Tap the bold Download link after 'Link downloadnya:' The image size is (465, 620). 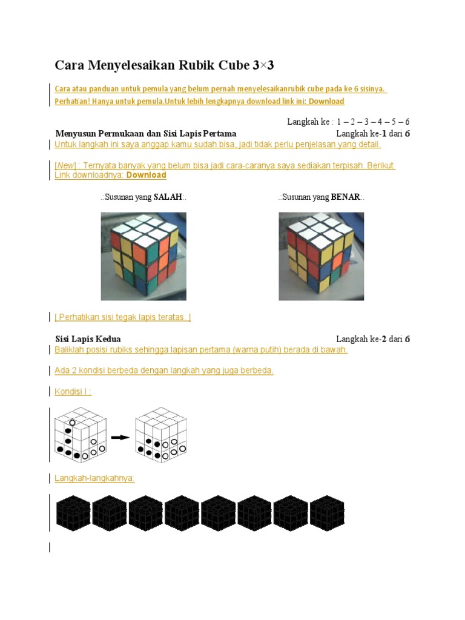coord(147,175)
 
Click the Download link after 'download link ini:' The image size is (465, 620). coord(326,101)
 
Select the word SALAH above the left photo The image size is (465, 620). coord(168,197)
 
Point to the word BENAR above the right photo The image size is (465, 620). coord(345,197)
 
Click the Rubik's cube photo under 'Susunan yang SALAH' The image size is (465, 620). coord(143,256)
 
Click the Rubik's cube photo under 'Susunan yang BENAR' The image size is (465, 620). coord(322,256)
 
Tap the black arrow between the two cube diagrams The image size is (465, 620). coord(120,437)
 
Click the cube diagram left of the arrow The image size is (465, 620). coord(81,435)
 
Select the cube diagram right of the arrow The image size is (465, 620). coord(161,435)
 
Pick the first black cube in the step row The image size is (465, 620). coord(73,513)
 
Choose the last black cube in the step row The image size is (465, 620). coord(327,513)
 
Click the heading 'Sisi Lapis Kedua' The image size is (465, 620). coord(88,339)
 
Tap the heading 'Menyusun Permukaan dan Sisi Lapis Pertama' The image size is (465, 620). coord(146,134)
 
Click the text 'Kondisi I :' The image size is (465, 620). coord(73,392)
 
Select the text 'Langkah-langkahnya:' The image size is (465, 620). coord(94,478)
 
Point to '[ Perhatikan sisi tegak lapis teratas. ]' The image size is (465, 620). coord(122,317)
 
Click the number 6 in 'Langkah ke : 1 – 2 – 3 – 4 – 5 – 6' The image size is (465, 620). coord(407,122)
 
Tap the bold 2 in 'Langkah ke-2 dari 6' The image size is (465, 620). coord(384,339)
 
